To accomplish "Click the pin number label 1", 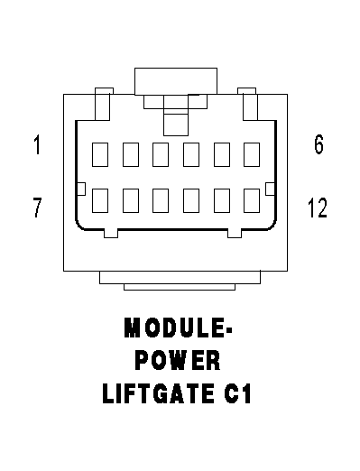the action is point(37,145).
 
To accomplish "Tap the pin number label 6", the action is point(318,144).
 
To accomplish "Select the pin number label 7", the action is point(37,208).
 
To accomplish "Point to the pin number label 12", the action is point(318,208).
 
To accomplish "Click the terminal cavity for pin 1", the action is point(100,154).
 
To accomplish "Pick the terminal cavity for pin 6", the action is point(252,154).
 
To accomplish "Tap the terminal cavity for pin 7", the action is point(100,200).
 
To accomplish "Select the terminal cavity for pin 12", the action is point(252,200).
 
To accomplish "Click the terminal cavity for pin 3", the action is point(161,154).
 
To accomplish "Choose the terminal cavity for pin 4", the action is point(191,154).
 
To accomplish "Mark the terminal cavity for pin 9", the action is point(161,200).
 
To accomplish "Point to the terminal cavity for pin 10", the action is point(191,200).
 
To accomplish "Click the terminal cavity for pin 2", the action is point(131,154).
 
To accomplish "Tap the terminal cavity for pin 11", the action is point(222,200).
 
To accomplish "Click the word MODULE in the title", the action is point(174,328).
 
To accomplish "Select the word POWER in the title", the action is point(178,360).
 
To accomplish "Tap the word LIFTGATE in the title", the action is point(159,393).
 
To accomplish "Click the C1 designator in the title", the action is point(237,393).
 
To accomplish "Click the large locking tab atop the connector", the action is point(176,81).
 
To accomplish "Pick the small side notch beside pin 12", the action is point(270,189).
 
